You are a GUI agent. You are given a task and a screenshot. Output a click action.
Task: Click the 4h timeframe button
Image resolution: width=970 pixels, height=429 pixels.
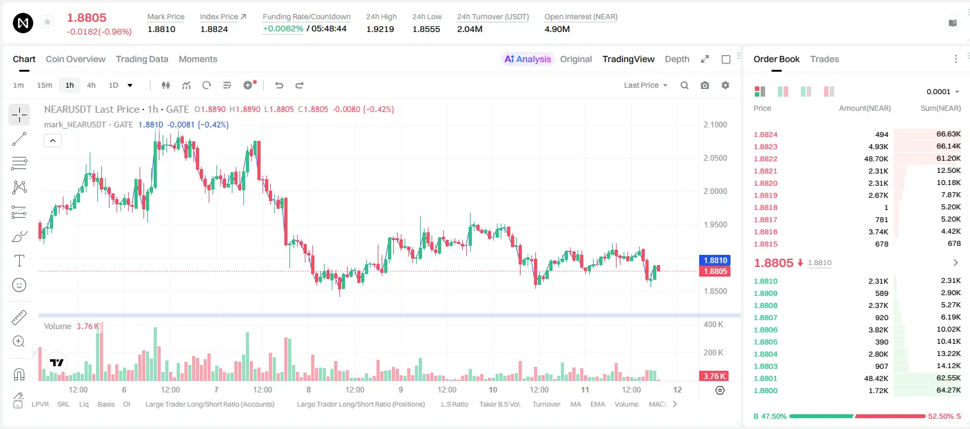(x=91, y=85)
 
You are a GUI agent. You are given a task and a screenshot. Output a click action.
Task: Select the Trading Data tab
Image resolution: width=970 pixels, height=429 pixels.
(x=142, y=59)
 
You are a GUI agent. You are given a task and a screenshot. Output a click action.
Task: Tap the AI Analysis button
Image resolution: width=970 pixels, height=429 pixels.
(x=528, y=59)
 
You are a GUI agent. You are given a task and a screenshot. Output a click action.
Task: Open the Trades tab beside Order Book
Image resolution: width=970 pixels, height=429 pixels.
(x=825, y=59)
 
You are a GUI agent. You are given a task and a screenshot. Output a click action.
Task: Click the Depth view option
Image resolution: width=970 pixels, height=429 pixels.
(x=677, y=59)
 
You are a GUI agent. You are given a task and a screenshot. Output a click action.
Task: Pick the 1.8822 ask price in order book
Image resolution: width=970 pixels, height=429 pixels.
(x=766, y=159)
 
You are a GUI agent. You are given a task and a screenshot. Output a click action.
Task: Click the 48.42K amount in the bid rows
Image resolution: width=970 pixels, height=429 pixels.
(x=876, y=378)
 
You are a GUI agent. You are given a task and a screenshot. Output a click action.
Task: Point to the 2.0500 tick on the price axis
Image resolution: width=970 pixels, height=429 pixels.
(x=715, y=158)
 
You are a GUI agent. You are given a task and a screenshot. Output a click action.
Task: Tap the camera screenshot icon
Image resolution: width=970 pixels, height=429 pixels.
(x=705, y=85)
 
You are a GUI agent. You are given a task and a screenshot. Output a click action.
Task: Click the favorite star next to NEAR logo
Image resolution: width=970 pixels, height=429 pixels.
(x=47, y=22)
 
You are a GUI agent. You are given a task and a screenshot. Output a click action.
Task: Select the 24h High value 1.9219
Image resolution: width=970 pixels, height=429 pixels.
(x=380, y=29)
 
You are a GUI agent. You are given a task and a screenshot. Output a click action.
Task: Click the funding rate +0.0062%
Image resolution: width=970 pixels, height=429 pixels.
(x=283, y=29)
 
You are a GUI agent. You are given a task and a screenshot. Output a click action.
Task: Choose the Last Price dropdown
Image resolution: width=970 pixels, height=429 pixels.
(x=645, y=85)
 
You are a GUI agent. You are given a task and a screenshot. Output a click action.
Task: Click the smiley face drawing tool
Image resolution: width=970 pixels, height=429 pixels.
(x=19, y=285)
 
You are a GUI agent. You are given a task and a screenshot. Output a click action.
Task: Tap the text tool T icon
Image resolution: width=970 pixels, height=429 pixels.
(x=19, y=261)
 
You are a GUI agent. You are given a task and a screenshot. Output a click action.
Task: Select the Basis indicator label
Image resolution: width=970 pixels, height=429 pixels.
(x=106, y=404)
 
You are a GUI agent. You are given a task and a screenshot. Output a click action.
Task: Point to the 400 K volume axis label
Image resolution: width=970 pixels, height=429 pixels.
(x=714, y=325)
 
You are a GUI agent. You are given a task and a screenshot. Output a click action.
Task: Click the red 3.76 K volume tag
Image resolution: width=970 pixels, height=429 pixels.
(x=714, y=376)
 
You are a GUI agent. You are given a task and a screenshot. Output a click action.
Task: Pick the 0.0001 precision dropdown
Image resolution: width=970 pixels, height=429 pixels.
(x=942, y=92)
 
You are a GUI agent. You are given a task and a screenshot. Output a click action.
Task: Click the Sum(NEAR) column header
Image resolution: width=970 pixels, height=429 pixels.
(x=941, y=108)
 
